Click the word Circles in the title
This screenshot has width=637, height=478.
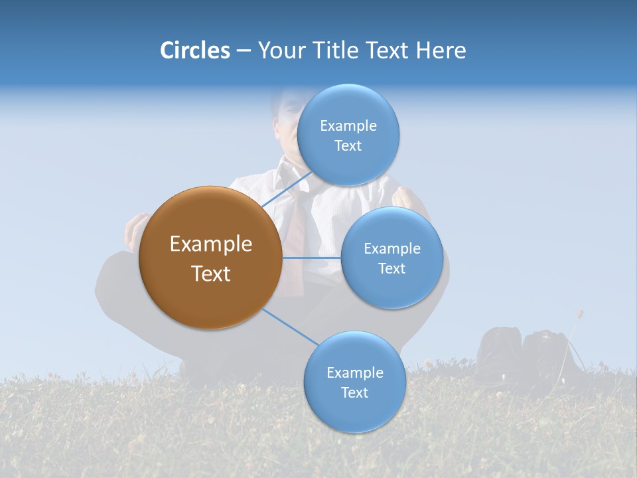194,50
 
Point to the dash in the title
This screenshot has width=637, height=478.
244,51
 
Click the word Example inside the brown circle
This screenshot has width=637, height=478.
210,244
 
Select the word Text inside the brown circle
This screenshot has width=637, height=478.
210,274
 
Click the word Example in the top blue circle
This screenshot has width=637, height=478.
348,125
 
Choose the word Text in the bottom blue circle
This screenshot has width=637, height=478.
354,393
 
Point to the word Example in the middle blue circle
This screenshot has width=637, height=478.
391,248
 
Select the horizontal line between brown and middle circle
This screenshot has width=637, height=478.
311,257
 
